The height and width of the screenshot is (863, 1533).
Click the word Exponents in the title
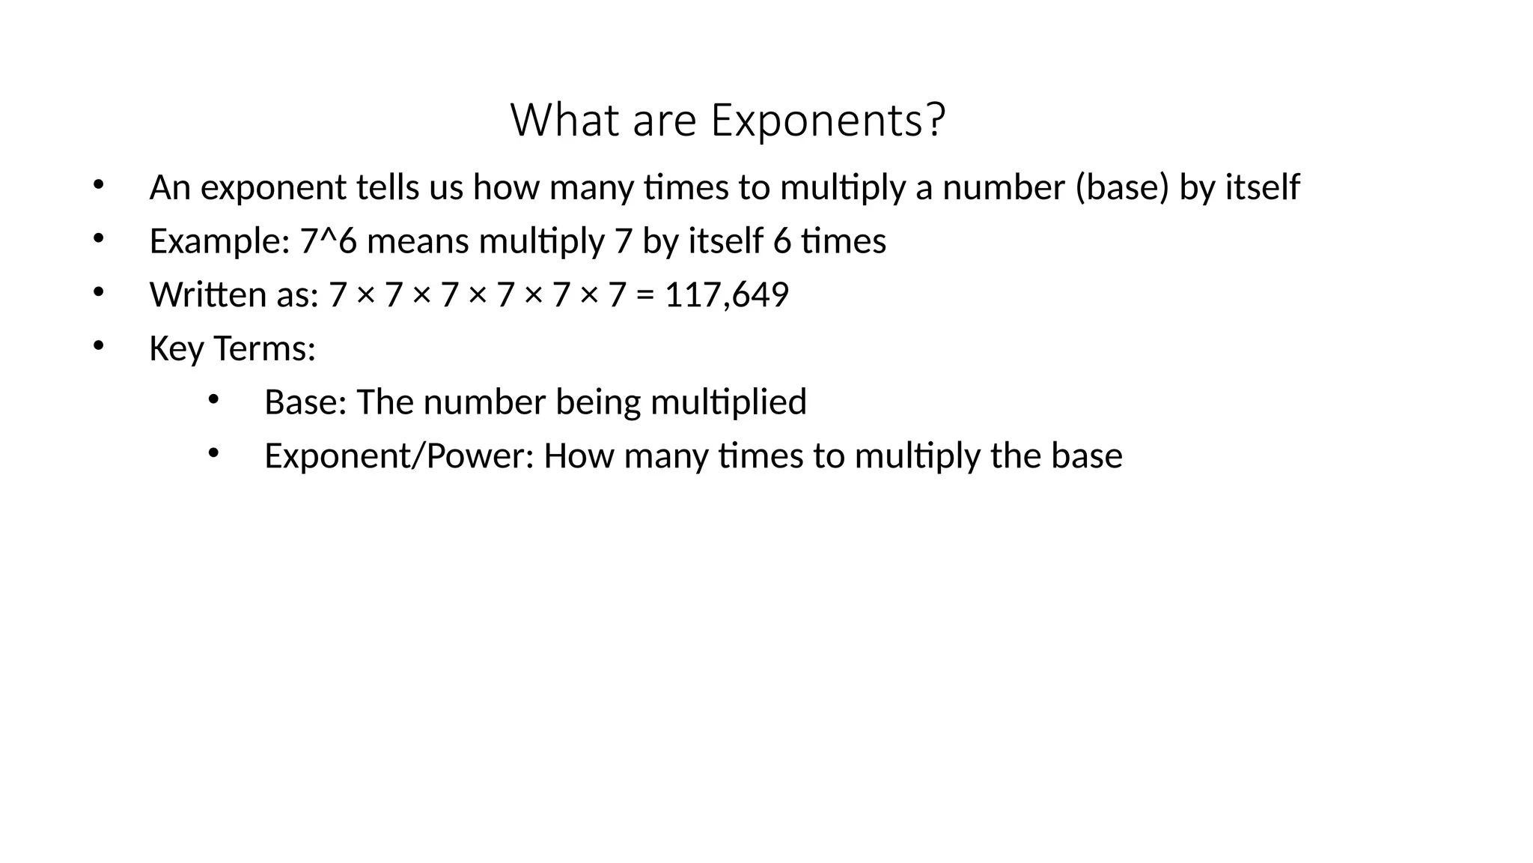point(828,120)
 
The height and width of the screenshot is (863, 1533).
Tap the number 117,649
point(726,294)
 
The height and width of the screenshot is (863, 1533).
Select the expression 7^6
point(329,241)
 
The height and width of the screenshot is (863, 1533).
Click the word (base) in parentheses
point(1122,187)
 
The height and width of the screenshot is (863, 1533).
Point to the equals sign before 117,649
point(644,295)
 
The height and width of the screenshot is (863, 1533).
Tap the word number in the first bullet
point(1003,187)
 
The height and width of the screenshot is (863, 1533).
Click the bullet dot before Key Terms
point(98,345)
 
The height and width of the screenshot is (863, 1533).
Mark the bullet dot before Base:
point(213,399)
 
